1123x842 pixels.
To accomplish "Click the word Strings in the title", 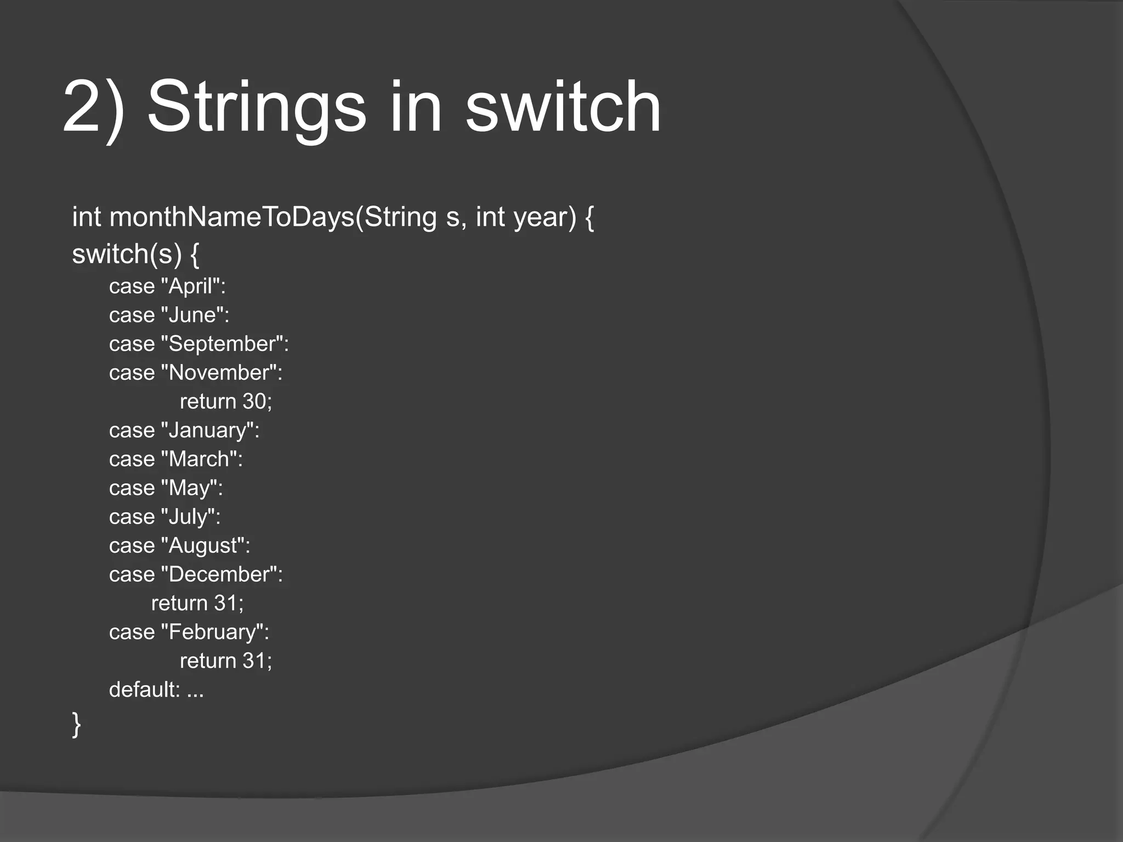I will pyautogui.click(x=257, y=107).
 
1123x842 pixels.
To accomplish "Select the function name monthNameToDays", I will pyautogui.click(x=232, y=217).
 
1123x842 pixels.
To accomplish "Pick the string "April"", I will pyautogui.click(x=191, y=286).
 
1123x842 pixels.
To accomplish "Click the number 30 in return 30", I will pyautogui.click(x=254, y=402).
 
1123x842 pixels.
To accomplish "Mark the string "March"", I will pyautogui.click(x=199, y=459).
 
